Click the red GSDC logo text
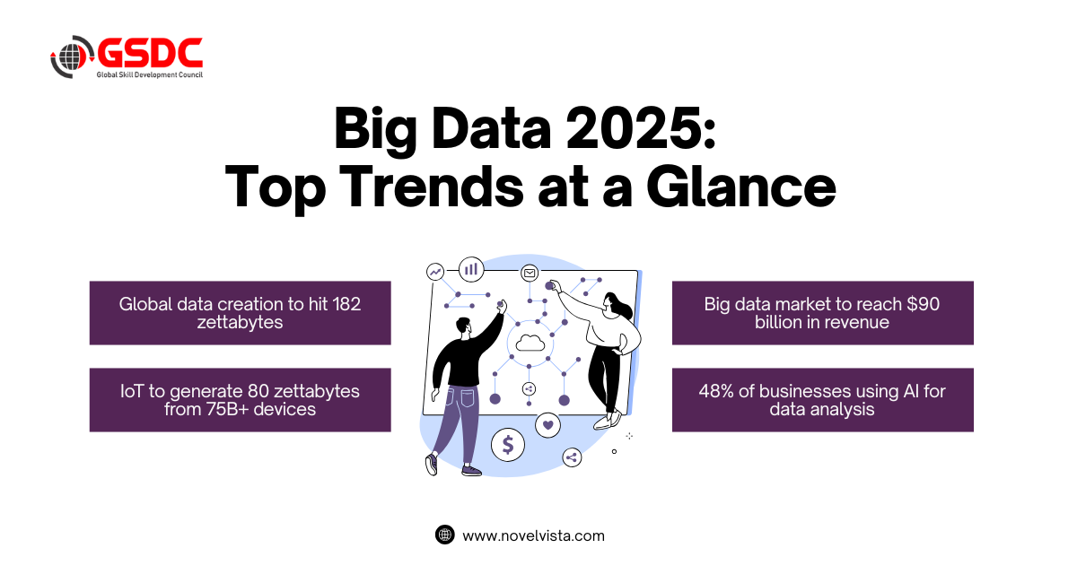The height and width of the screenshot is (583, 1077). (150, 52)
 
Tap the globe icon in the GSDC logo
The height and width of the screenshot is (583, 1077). (71, 57)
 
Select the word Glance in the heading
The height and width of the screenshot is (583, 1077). (741, 187)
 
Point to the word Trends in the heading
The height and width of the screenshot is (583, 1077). (434, 187)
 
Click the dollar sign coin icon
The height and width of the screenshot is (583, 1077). (508, 445)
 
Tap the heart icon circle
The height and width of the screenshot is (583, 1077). (548, 425)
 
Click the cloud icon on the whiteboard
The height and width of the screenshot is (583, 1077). (530, 343)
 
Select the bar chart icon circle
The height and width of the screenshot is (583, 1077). (471, 269)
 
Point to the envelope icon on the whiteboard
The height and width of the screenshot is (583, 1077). (530, 274)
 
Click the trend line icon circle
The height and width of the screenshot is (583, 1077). (435, 272)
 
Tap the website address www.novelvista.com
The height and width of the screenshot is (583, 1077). (534, 535)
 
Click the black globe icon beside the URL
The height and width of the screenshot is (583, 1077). (445, 535)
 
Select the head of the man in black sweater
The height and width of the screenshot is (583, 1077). (463, 327)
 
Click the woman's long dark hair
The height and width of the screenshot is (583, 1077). (619, 304)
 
